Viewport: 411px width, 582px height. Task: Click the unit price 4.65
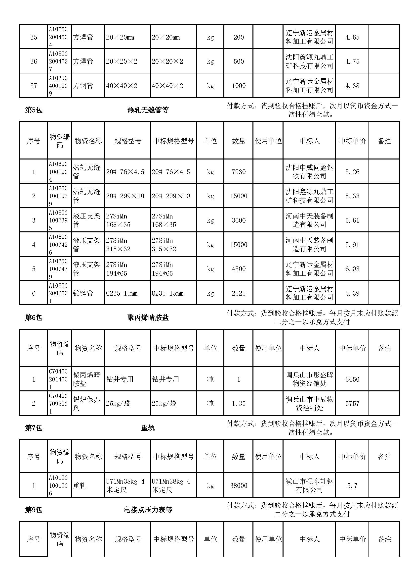pyautogui.click(x=352, y=37)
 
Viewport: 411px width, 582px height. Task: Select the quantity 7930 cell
pyautogui.click(x=238, y=172)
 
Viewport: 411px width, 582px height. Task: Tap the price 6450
pyautogui.click(x=352, y=379)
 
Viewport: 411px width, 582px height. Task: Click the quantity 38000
pyautogui.click(x=238, y=486)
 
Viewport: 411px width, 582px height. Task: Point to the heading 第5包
pyautogui.click(x=34, y=110)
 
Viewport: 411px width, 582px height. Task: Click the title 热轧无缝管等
pyautogui.click(x=148, y=110)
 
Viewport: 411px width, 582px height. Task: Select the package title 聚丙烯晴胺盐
pyautogui.click(x=148, y=317)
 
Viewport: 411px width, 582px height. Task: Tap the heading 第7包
pyautogui.click(x=34, y=428)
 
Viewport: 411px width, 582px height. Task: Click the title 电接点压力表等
pyautogui.click(x=148, y=510)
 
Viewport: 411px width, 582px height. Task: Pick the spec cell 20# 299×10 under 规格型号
pyautogui.click(x=125, y=196)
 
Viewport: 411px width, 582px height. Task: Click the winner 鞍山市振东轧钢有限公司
pyautogui.click(x=309, y=485)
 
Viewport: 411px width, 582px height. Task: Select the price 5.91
pyautogui.click(x=352, y=245)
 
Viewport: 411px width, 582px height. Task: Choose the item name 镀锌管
pyautogui.click(x=83, y=293)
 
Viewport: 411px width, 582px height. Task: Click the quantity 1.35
pyautogui.click(x=238, y=404)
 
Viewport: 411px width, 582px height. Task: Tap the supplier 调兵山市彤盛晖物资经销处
pyautogui.click(x=309, y=379)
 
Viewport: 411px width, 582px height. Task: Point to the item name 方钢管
pyautogui.click(x=83, y=86)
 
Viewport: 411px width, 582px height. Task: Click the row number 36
pyautogui.click(x=34, y=61)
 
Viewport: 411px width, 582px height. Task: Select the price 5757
pyautogui.click(x=352, y=404)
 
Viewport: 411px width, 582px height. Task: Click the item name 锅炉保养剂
pyautogui.click(x=86, y=404)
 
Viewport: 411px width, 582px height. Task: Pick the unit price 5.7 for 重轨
pyautogui.click(x=352, y=486)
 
